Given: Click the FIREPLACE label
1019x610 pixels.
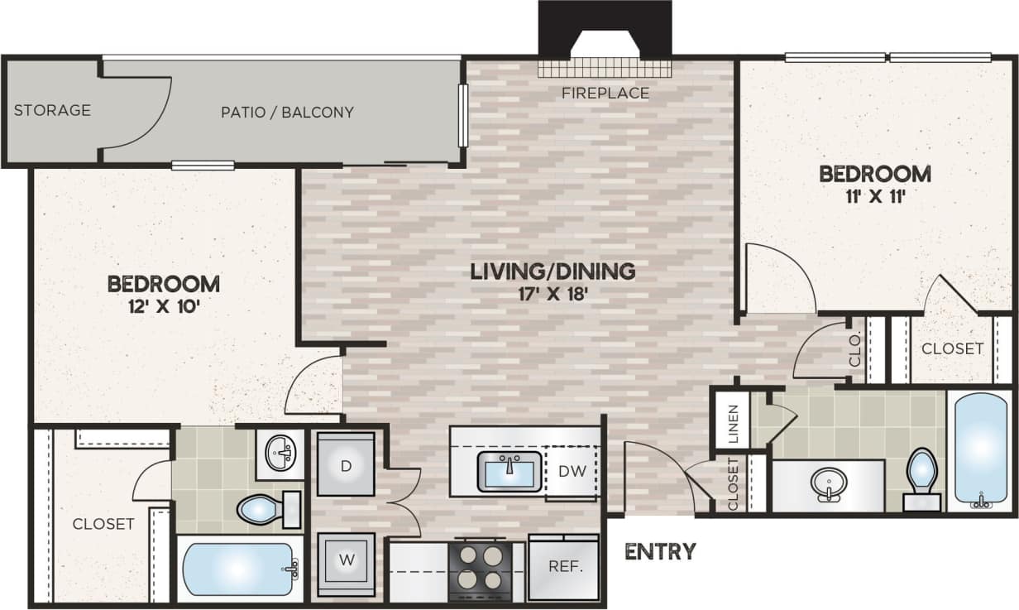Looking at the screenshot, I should point(605,93).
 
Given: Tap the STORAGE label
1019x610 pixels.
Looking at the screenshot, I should point(52,110).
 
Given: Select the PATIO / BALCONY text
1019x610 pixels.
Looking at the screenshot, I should point(287,112).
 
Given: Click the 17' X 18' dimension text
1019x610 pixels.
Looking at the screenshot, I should point(553,293).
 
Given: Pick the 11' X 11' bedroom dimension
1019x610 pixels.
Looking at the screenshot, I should point(874,197).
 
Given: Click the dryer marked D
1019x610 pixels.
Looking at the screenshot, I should point(346,465).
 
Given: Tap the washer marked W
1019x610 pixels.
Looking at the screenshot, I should point(346,560).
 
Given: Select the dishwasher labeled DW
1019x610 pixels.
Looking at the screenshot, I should point(572,472).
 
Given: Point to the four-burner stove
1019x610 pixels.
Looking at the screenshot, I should point(479,569).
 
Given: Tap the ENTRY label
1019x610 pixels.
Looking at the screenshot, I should point(659,551).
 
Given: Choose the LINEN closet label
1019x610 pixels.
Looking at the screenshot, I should point(733,422).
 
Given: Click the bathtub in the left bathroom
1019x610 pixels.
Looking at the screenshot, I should point(236,569).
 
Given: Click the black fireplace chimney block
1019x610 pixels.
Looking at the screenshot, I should point(605,25).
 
